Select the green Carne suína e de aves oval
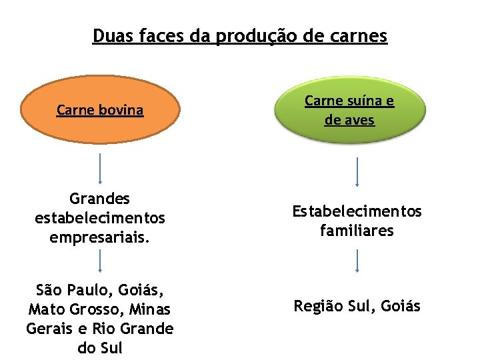tap(349, 110)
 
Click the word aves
tap(359, 120)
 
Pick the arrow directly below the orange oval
tap(100, 168)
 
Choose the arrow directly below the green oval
tap(357, 171)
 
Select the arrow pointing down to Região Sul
tap(357, 261)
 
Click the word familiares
tap(357, 231)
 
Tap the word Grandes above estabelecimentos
tap(100, 199)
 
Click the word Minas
tap(151, 309)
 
